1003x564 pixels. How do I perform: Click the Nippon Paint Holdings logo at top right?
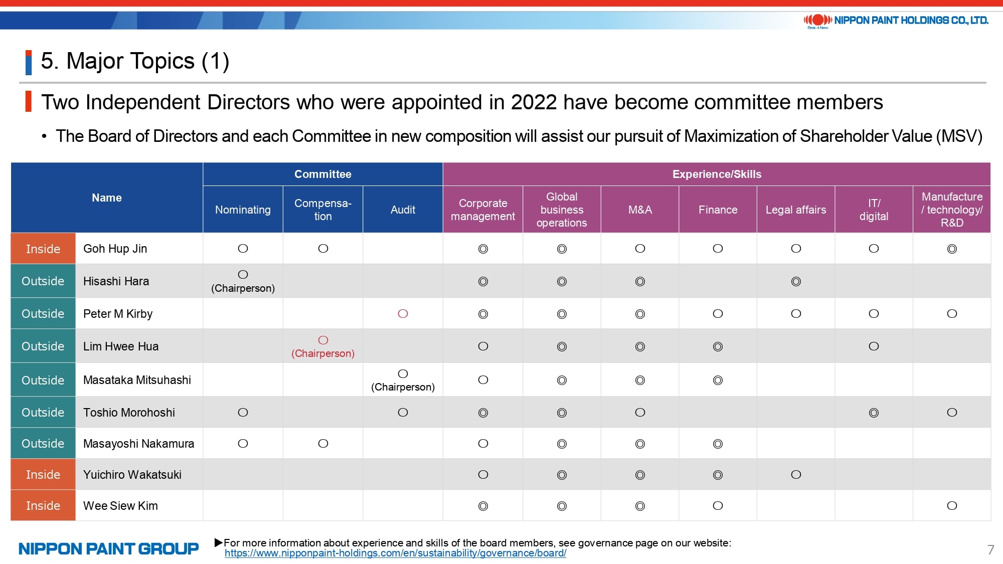tap(896, 21)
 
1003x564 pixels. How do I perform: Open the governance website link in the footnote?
tap(395, 553)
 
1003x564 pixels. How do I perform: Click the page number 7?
tap(990, 549)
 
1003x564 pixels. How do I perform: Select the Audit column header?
tap(403, 210)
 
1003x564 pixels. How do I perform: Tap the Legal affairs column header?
tap(795, 210)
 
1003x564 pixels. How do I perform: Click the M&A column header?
tap(640, 210)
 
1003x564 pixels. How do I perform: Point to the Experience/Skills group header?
tap(717, 174)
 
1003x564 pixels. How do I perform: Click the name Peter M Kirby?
tap(118, 314)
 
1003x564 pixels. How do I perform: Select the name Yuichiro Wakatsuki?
tap(132, 475)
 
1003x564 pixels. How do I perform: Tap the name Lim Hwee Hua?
tap(121, 346)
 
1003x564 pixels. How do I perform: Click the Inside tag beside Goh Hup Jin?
tap(43, 249)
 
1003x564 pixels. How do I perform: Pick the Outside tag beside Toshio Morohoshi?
tap(43, 413)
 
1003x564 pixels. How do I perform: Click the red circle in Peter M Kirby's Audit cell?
tap(403, 314)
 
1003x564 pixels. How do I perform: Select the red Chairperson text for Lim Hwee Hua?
tap(323, 353)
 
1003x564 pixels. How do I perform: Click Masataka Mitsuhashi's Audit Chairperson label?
tap(403, 387)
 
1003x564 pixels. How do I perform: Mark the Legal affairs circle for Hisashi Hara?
tap(796, 281)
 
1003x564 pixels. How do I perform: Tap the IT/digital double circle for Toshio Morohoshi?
tap(874, 413)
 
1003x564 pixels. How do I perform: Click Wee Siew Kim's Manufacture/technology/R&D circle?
tap(952, 506)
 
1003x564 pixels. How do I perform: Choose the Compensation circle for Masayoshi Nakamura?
tap(323, 444)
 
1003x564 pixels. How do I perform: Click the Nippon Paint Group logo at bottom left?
tap(108, 549)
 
